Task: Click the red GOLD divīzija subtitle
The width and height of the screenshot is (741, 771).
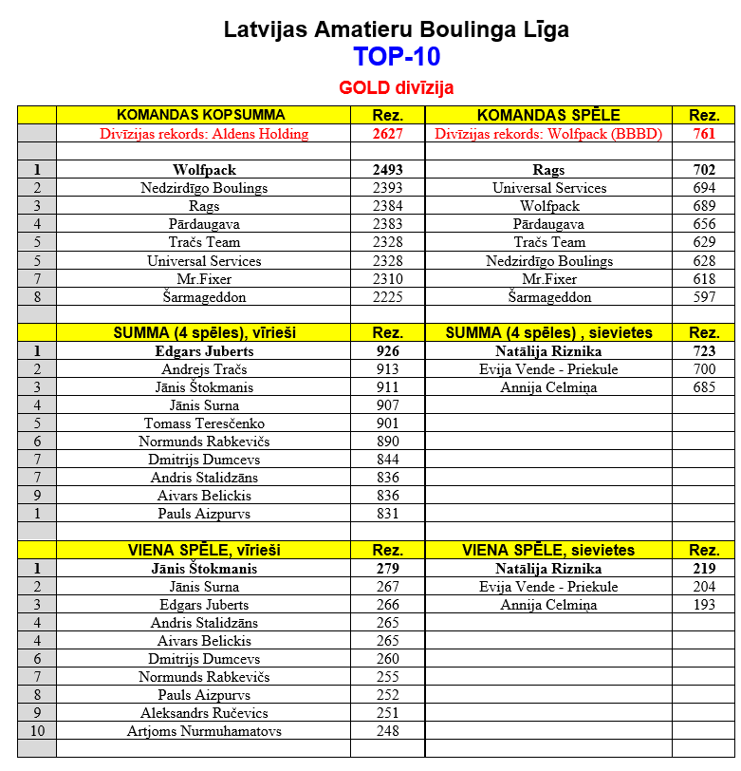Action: pos(397,88)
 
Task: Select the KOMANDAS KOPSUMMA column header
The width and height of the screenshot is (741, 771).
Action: pos(204,115)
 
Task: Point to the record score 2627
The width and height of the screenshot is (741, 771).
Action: pos(388,134)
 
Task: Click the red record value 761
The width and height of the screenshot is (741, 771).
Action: pos(704,134)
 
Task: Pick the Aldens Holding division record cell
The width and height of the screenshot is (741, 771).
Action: pos(204,134)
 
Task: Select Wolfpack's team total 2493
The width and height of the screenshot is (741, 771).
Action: pos(388,170)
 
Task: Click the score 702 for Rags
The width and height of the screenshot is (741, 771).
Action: pos(704,170)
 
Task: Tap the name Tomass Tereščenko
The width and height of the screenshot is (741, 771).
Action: pos(204,423)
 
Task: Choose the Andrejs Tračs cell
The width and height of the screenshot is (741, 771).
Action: pos(204,369)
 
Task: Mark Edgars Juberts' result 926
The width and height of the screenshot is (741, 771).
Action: pos(388,351)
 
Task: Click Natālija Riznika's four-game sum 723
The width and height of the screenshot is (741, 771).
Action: pos(704,351)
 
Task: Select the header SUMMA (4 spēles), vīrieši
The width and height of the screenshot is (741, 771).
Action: pos(204,333)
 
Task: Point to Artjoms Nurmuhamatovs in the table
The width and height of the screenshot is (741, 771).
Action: pos(204,731)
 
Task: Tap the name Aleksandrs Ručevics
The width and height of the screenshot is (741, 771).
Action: pos(204,713)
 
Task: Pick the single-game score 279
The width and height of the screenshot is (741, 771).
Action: pos(388,569)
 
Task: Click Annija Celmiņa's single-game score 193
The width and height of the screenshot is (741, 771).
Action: pos(704,605)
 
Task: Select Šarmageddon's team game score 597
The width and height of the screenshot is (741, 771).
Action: pos(704,297)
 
